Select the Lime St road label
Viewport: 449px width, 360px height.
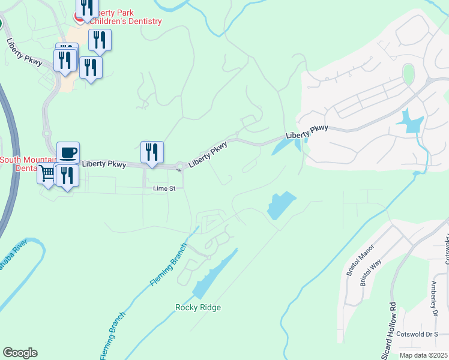(164, 188)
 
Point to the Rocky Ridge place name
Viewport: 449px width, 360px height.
(198, 308)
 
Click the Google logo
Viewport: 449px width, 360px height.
(20, 353)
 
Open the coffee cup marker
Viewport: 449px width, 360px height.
(68, 152)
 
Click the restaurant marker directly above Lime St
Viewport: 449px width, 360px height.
(152, 152)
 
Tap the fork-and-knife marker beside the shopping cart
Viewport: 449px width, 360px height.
(67, 176)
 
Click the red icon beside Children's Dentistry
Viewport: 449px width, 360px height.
(79, 17)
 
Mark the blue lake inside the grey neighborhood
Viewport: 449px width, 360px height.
(410, 121)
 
